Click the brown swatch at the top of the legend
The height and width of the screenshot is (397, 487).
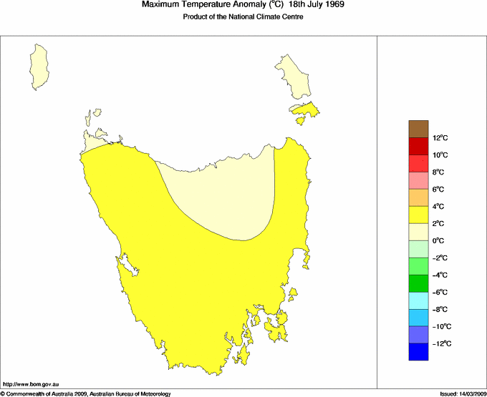419,129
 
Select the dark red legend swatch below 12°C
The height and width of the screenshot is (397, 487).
419,146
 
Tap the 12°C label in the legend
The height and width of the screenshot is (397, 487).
440,138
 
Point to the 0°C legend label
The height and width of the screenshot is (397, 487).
440,241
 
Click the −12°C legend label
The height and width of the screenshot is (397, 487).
441,344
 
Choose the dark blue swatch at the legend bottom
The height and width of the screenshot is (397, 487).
419,352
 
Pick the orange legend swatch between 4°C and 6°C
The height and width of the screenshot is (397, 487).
419,197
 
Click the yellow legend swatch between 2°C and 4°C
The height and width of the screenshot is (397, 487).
419,215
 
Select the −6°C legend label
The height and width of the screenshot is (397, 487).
440,293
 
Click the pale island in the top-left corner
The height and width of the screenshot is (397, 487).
41,64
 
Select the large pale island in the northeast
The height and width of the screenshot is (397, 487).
294,76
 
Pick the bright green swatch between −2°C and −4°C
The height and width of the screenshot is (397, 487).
419,266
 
